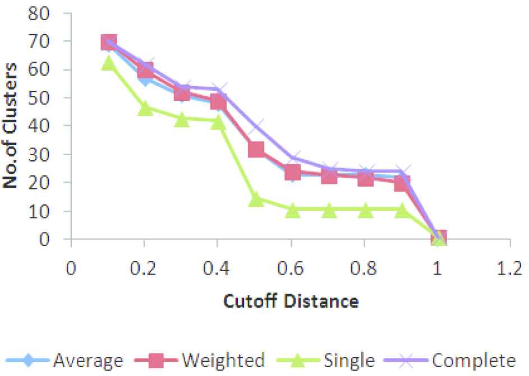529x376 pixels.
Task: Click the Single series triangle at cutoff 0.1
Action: (x=108, y=63)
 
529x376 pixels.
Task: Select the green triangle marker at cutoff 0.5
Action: (x=255, y=199)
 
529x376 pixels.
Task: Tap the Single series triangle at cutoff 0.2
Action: (x=145, y=108)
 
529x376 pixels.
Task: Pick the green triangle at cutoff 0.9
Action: (x=402, y=211)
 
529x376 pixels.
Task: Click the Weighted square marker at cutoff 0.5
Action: (x=255, y=150)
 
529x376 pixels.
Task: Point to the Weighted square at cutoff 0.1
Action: (x=109, y=42)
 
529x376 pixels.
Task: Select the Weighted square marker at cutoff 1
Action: (x=438, y=238)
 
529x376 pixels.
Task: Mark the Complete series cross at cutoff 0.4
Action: (x=219, y=89)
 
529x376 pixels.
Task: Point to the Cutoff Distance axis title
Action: (x=291, y=301)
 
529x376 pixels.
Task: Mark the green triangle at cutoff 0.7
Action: (x=329, y=211)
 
